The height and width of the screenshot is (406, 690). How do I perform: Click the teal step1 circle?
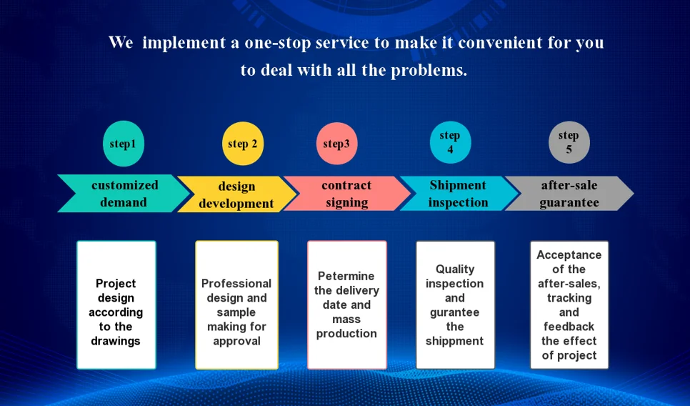(123, 144)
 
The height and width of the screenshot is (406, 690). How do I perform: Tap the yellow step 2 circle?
(242, 144)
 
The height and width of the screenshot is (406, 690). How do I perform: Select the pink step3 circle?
(336, 144)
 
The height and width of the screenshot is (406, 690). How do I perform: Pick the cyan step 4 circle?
(450, 143)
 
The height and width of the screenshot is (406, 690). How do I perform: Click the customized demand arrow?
(124, 194)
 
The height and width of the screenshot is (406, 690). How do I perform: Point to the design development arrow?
(236, 194)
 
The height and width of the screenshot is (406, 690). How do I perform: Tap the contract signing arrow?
(346, 194)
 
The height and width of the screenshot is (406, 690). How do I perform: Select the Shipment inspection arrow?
(458, 194)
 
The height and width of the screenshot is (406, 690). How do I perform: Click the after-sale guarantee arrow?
(569, 194)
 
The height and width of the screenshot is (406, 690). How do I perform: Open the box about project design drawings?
(116, 305)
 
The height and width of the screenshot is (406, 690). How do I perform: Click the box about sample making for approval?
(236, 305)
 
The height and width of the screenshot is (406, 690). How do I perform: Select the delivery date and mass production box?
(346, 305)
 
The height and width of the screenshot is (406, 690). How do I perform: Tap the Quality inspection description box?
(455, 305)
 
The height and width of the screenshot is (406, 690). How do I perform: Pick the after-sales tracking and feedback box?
(569, 305)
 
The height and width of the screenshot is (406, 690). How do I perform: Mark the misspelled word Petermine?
(346, 276)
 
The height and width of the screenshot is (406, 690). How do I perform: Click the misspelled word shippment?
(455, 341)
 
